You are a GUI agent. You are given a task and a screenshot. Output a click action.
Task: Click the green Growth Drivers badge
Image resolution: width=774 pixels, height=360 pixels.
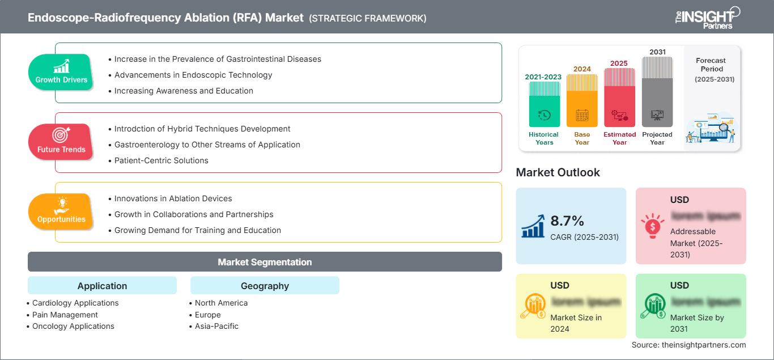coord(61,72)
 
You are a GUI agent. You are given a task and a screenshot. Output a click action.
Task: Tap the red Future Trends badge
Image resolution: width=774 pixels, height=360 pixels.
coord(61,142)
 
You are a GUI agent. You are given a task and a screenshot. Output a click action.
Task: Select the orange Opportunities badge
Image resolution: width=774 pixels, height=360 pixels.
coord(61,211)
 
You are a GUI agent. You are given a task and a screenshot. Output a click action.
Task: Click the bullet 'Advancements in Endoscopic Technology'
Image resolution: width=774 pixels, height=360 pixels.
coord(193,75)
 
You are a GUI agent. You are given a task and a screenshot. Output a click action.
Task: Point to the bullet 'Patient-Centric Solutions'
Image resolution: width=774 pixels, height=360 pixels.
coord(161,160)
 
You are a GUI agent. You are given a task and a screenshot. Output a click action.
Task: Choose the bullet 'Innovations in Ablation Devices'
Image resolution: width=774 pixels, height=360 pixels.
coord(173,198)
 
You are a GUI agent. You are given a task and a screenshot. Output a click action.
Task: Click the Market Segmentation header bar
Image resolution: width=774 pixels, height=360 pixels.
coord(265,262)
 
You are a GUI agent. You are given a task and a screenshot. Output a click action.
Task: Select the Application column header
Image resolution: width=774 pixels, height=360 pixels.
coord(102,286)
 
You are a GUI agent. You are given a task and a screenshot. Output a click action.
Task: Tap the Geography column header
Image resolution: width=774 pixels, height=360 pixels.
coord(265,286)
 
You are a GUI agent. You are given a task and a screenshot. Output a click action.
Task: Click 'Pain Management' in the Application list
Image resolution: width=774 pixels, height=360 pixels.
coord(65,315)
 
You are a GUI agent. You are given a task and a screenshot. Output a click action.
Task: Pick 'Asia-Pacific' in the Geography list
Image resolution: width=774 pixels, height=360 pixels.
coord(216,326)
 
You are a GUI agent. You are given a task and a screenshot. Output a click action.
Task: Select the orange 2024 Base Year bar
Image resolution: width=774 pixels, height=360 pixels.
coord(582,101)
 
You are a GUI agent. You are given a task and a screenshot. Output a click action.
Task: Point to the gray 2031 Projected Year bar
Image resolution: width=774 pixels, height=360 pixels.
coord(657,92)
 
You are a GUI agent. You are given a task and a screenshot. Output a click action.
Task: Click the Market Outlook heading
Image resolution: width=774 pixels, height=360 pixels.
coord(558,172)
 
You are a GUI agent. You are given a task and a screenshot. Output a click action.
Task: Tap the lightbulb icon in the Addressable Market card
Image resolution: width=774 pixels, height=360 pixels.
coord(652,225)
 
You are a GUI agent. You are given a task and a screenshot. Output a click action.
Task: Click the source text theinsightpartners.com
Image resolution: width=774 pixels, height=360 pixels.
coord(688,345)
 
